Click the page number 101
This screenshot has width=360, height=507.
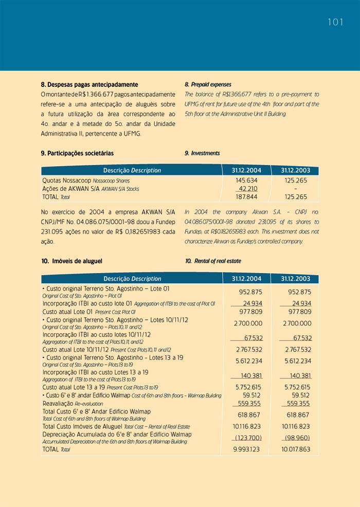pos(335,22)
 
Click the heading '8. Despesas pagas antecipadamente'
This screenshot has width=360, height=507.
pos(89,84)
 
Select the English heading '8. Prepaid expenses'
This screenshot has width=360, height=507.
pos(208,84)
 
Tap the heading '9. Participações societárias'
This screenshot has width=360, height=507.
pos(77,153)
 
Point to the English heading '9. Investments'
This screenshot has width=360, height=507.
pos(202,153)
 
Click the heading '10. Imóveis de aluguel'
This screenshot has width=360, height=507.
pos(75,261)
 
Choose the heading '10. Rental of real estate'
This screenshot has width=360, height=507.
pos(213,261)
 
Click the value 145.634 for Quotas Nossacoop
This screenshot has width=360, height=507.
pos(246,180)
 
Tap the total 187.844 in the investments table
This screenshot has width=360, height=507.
pos(246,197)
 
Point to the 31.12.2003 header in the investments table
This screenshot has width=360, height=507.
pos(295,170)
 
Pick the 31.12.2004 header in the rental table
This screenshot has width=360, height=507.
pos(246,279)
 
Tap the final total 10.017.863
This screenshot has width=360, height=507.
pos(296,449)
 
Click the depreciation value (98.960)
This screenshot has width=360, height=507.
pos(297,438)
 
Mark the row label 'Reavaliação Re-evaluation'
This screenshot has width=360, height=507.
pos(73,404)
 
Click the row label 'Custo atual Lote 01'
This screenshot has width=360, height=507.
pos(68,312)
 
